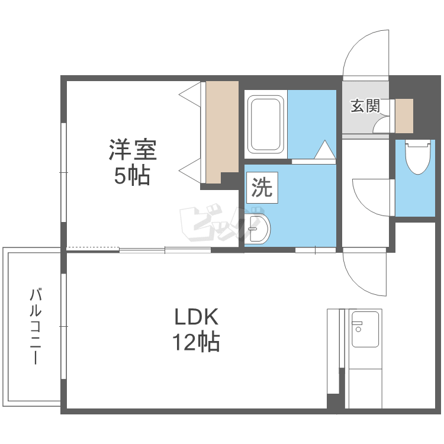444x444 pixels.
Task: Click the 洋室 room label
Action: (132, 150)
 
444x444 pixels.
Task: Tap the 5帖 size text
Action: (131, 176)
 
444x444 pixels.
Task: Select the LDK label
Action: (196, 317)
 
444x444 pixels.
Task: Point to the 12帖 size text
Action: (196, 342)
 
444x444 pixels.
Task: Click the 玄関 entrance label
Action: (365, 106)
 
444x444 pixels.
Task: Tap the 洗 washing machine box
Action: (261, 188)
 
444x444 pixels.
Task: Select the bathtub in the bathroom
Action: (265, 124)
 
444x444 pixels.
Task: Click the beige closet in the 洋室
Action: (220, 131)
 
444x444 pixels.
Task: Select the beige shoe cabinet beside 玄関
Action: (404, 116)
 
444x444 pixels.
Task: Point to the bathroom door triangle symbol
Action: (324, 151)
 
